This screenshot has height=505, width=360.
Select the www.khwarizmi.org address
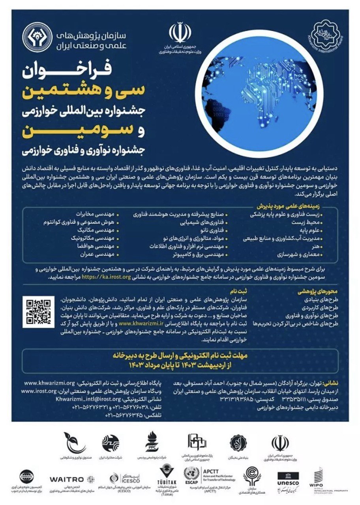[x=49, y=383]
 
